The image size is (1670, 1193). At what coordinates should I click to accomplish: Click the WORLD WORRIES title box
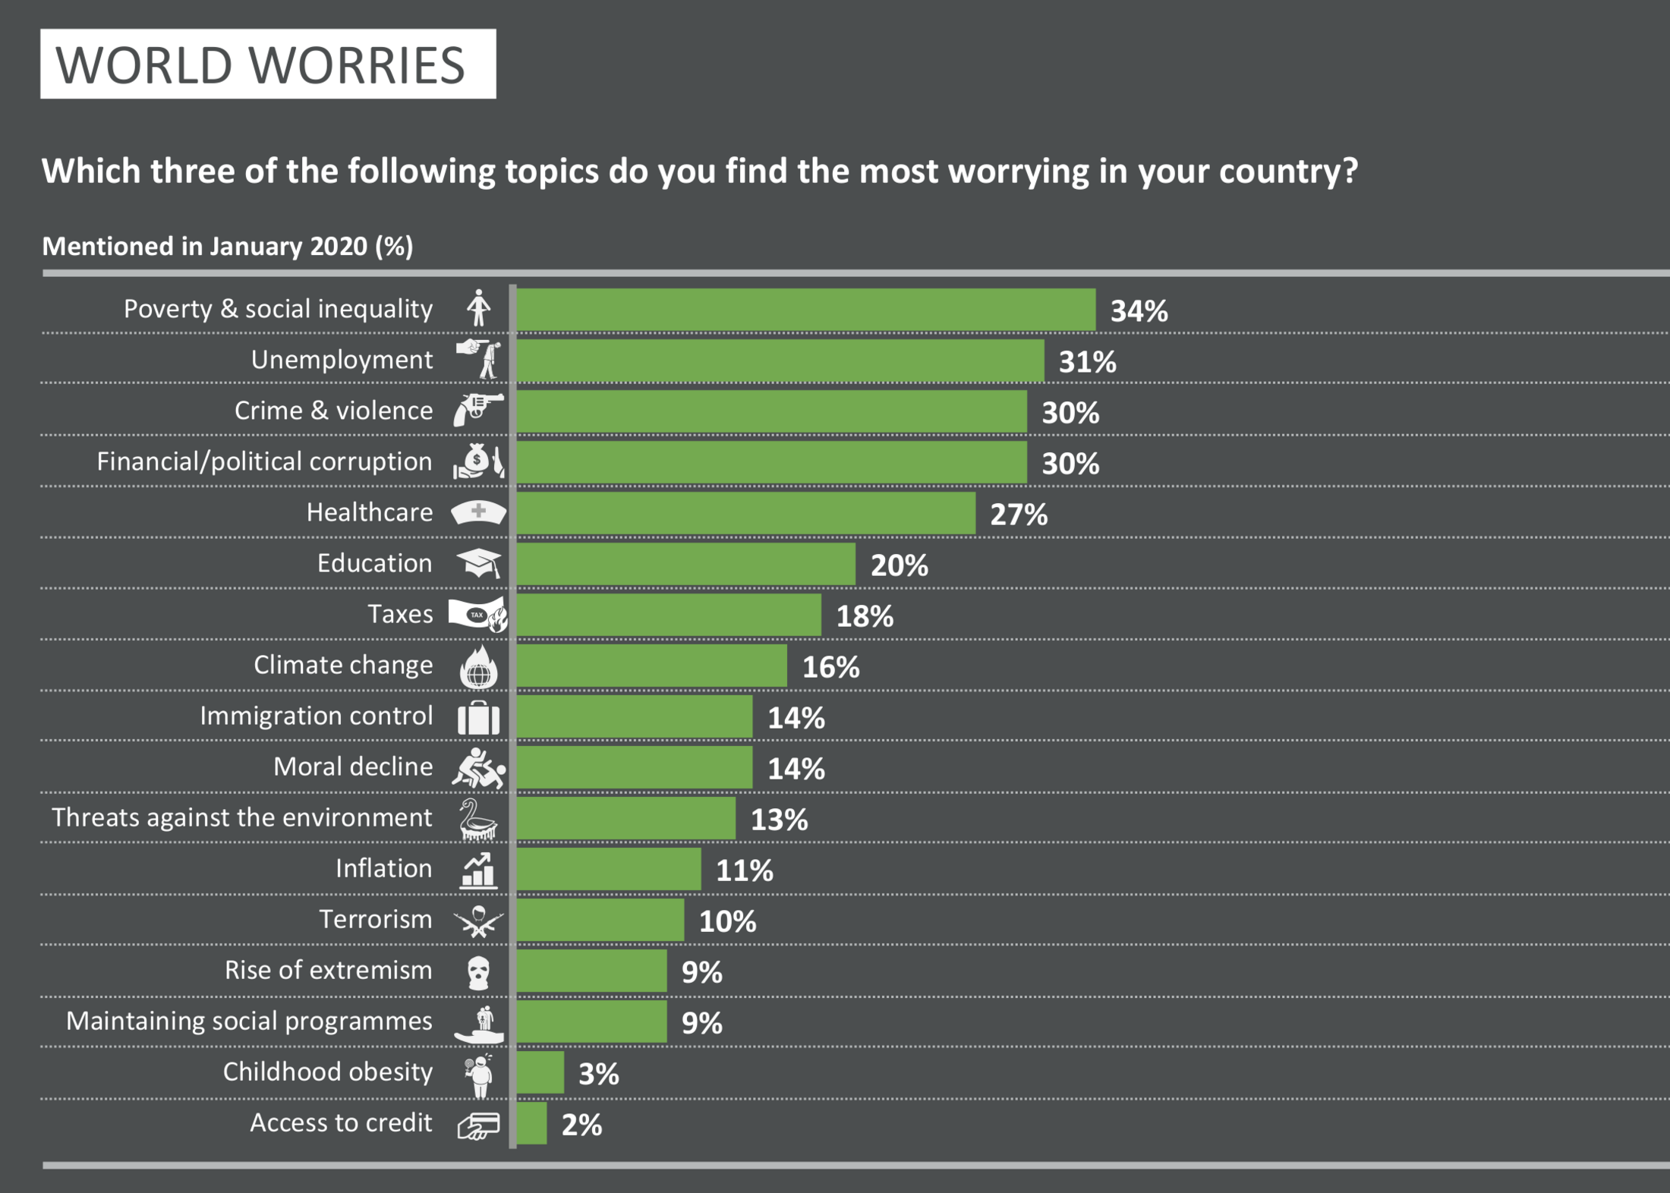point(268,65)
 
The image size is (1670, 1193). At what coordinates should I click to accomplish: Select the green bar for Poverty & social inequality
point(805,310)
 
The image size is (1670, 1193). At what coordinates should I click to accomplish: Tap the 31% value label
point(1087,362)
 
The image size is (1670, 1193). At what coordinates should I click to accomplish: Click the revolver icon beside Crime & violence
point(478,410)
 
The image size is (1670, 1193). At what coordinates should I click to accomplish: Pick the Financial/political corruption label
point(264,461)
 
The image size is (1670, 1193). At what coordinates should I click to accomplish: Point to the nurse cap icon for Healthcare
point(478,512)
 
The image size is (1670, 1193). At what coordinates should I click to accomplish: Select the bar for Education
point(685,564)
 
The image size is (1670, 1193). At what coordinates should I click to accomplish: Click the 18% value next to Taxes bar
point(865,616)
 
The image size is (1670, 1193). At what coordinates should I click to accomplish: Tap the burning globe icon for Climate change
point(478,667)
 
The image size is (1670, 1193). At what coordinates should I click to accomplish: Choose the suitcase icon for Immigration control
point(478,717)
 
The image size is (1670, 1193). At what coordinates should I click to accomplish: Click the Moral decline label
point(353,766)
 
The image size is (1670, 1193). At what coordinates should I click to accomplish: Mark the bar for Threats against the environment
point(625,818)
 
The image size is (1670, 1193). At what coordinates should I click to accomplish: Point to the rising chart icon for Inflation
point(478,870)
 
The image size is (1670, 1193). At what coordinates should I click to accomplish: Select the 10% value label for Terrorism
point(727,921)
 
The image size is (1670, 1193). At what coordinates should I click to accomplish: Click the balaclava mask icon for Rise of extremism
point(478,972)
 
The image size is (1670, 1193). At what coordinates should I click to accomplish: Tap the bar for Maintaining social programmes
point(591,1021)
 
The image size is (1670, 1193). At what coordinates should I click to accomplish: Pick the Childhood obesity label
point(327,1072)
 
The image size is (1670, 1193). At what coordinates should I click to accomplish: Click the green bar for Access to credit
point(531,1123)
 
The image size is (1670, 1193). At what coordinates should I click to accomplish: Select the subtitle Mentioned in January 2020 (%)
point(228,246)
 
